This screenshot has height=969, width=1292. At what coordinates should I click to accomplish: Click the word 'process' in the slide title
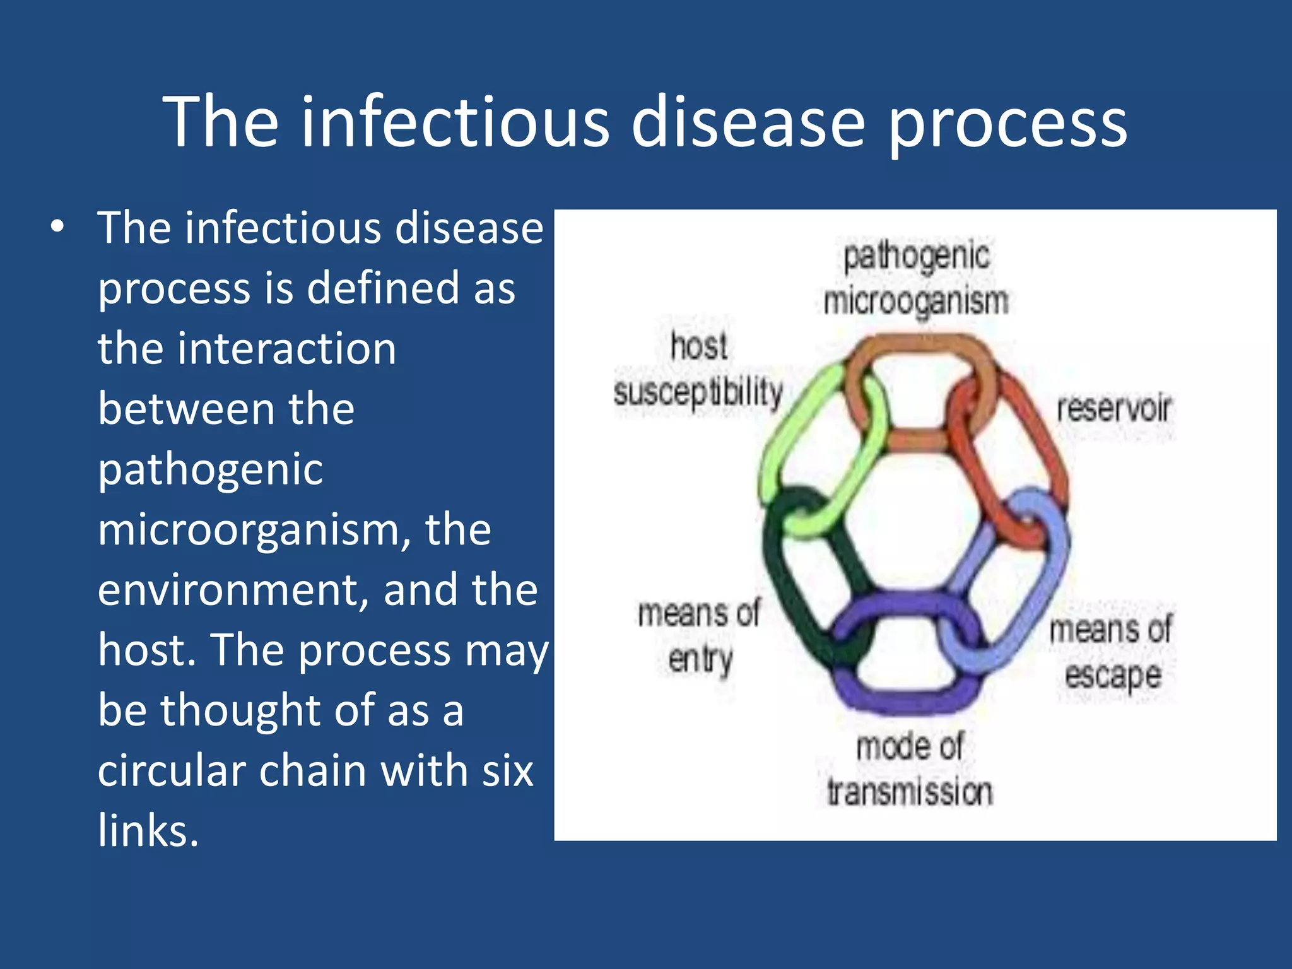point(1007,123)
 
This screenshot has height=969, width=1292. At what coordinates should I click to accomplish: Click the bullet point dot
point(57,227)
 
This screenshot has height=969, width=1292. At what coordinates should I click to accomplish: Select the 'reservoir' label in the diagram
point(1113,408)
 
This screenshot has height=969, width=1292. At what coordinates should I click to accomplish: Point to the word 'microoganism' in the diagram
point(916,302)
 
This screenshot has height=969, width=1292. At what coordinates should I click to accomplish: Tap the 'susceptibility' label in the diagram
point(698,393)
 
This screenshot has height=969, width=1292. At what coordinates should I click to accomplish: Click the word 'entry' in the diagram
point(700,660)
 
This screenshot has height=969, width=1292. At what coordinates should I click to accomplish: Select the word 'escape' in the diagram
point(1113,676)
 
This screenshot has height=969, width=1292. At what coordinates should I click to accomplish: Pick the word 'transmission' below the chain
point(910,792)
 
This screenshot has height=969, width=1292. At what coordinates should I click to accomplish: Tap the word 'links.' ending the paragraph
point(148,830)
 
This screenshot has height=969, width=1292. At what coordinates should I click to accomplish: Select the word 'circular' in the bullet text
point(171,770)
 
